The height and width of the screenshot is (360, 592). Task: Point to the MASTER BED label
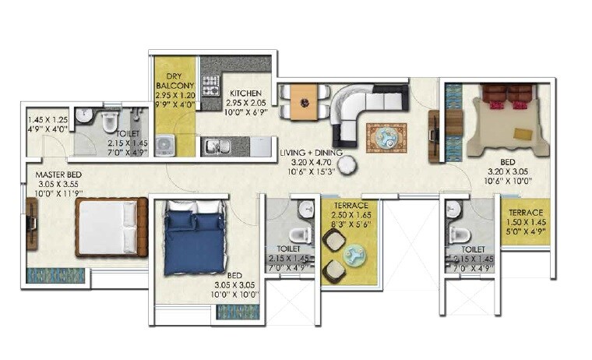click(x=58, y=173)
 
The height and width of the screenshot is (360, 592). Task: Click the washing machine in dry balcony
click(x=165, y=146)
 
